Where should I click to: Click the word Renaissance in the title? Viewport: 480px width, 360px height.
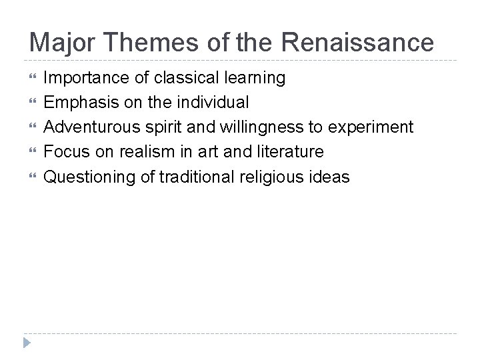[x=359, y=43]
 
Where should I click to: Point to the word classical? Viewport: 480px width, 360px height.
[x=181, y=79]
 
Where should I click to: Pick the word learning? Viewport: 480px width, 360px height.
[x=251, y=79]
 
